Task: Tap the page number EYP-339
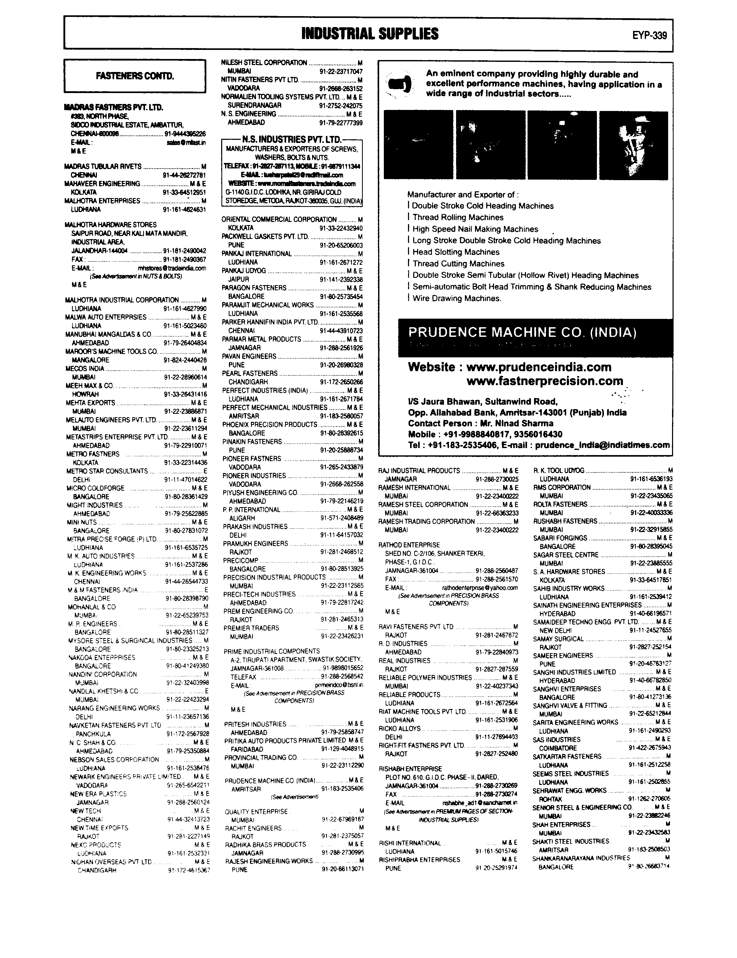coord(649,35)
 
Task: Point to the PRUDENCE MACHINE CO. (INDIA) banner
coord(522,332)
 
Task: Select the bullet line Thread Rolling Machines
coord(458,218)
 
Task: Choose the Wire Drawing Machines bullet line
coord(456,299)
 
